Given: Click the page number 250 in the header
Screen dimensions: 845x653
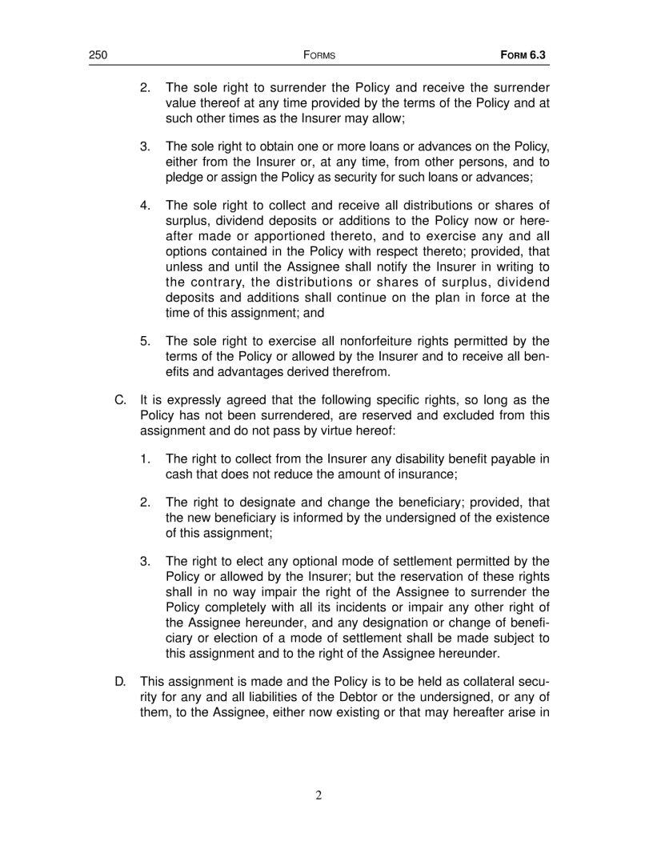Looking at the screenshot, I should (x=98, y=56).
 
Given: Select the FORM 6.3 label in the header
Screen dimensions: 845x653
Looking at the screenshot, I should (x=528, y=56).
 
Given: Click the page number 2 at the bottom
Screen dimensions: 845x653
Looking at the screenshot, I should (x=318, y=795).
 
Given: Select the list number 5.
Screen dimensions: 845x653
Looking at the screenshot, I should (x=146, y=341).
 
